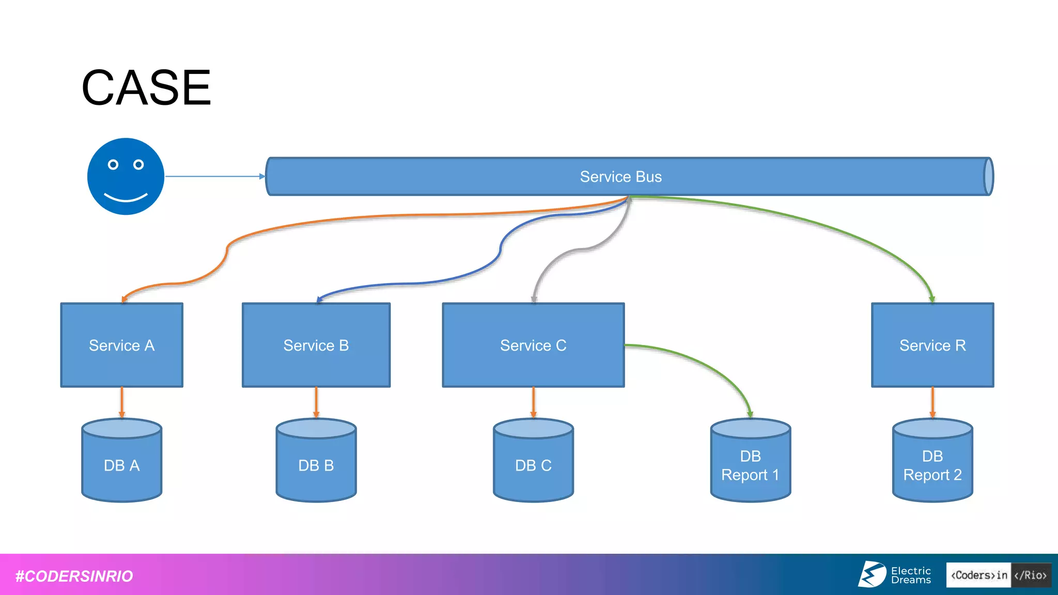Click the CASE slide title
click(x=146, y=88)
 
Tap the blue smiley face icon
click(x=126, y=176)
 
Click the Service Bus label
click(x=620, y=177)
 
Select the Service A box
click(x=122, y=345)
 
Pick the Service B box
click(x=316, y=345)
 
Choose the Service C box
click(x=533, y=345)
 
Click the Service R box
click(x=932, y=345)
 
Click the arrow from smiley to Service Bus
click(x=214, y=176)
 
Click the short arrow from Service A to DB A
click(x=122, y=402)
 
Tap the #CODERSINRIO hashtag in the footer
click(x=74, y=576)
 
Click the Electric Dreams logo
click(x=895, y=575)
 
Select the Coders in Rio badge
click(x=998, y=575)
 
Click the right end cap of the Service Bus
click(x=988, y=177)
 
